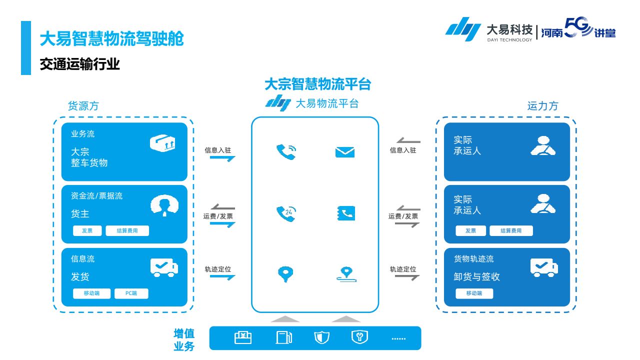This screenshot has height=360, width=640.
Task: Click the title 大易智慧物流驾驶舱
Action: tap(111, 38)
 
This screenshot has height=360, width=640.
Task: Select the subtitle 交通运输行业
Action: tap(80, 64)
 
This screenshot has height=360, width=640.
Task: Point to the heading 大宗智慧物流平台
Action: tap(317, 84)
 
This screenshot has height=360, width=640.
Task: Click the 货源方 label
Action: tap(83, 106)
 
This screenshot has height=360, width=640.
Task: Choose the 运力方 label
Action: tap(542, 106)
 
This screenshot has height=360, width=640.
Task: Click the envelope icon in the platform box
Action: tap(344, 152)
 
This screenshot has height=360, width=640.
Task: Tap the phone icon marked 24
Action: tap(286, 213)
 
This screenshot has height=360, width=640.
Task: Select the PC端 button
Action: tap(131, 293)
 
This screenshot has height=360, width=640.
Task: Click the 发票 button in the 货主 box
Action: tap(87, 230)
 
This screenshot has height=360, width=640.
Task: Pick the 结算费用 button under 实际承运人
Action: tap(511, 230)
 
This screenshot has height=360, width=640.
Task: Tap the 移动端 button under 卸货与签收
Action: tap(474, 293)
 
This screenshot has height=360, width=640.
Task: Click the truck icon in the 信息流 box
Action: tap(164, 267)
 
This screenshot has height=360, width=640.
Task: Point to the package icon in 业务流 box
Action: tap(163, 143)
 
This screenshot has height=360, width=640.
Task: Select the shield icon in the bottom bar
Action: tap(321, 337)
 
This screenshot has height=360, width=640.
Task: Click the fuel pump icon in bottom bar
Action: tap(283, 337)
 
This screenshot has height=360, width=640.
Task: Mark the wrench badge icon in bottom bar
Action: tap(359, 337)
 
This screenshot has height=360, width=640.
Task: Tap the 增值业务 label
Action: tap(184, 340)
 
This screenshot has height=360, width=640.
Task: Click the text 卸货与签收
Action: tap(476, 276)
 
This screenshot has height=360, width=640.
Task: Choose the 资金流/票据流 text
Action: tap(96, 196)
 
